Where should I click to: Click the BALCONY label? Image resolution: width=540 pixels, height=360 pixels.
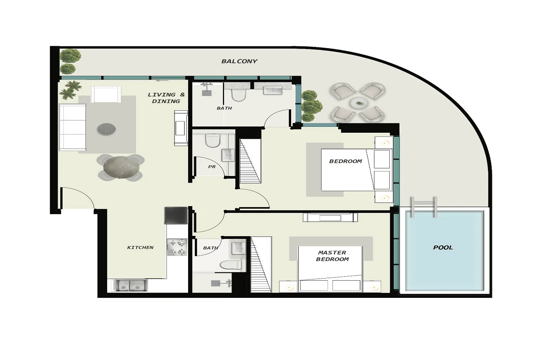(239, 61)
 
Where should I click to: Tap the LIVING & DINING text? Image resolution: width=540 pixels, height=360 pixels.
(166, 98)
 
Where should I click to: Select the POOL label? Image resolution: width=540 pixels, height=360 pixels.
(443, 247)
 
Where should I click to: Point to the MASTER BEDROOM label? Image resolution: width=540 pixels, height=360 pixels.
(332, 256)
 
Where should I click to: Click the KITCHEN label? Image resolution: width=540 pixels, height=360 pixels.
(140, 247)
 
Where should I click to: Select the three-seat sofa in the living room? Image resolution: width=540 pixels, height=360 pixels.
(72, 128)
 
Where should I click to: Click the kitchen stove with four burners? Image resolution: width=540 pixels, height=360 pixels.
(176, 247)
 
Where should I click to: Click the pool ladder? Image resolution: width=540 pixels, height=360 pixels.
(423, 207)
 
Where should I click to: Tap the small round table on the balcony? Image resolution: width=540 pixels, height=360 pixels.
(359, 103)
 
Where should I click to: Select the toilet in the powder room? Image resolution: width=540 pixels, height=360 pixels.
(211, 141)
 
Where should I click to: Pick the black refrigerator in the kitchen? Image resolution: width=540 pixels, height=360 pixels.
(175, 216)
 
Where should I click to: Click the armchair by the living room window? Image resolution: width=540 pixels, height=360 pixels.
(106, 94)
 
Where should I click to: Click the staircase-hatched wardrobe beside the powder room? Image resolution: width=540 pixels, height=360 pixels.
(250, 161)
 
